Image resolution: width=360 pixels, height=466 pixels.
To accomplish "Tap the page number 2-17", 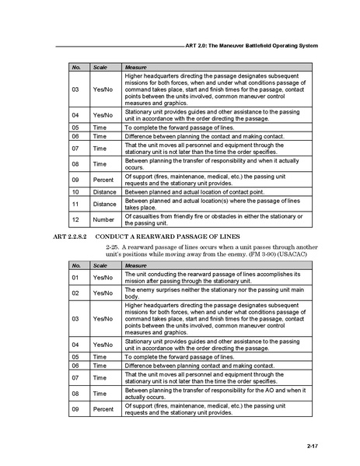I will (312, 445).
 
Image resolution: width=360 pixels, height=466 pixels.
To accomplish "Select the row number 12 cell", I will (75, 219).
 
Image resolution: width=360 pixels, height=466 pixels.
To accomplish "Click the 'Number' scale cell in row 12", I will (103, 219).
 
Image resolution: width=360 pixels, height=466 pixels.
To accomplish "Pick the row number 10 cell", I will (75, 191).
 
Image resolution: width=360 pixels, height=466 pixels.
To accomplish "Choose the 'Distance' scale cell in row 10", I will (105, 191).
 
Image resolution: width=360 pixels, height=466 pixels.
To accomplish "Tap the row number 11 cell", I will (75, 204).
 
